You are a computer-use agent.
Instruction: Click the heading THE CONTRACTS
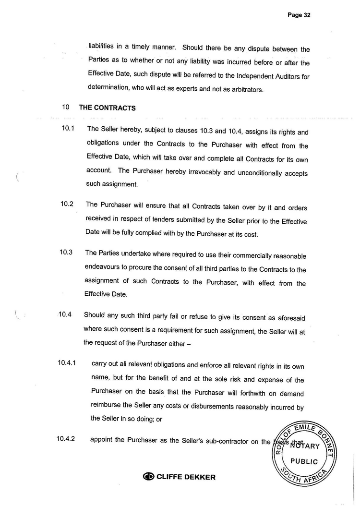(108, 108)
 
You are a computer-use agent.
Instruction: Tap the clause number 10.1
(67, 129)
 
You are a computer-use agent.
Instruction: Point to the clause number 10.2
(67, 204)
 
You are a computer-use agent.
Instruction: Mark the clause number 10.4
(65, 315)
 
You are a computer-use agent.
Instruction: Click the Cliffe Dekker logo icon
(149, 477)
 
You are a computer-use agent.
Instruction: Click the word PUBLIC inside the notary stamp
(304, 461)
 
